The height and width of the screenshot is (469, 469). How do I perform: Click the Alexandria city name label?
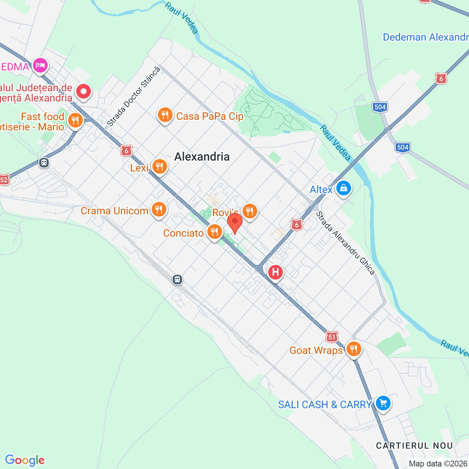click(202, 157)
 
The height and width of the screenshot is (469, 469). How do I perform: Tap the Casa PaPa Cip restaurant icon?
click(165, 115)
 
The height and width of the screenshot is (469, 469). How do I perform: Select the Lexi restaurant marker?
click(159, 167)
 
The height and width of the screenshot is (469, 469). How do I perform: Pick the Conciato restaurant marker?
click(214, 232)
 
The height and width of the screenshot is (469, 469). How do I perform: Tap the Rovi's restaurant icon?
click(250, 211)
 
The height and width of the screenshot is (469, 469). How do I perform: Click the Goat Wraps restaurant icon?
click(354, 349)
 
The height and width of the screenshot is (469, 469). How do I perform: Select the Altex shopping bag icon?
click(343, 188)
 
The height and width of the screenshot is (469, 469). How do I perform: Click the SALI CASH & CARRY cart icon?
click(383, 403)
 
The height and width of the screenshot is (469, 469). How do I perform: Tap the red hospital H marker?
click(275, 272)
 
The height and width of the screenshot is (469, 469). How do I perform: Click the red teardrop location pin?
click(235, 222)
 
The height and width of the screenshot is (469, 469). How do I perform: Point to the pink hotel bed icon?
click(40, 66)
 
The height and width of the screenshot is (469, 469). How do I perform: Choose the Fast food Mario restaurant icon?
click(75, 120)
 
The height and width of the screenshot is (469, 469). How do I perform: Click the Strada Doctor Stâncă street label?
click(134, 97)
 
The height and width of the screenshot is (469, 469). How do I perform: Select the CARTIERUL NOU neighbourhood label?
click(414, 446)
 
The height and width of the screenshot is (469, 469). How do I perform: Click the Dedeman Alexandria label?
click(425, 37)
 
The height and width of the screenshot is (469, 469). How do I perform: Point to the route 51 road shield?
click(332, 337)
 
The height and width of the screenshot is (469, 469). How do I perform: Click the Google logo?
click(25, 460)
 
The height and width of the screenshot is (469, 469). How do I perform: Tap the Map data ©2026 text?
click(438, 464)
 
